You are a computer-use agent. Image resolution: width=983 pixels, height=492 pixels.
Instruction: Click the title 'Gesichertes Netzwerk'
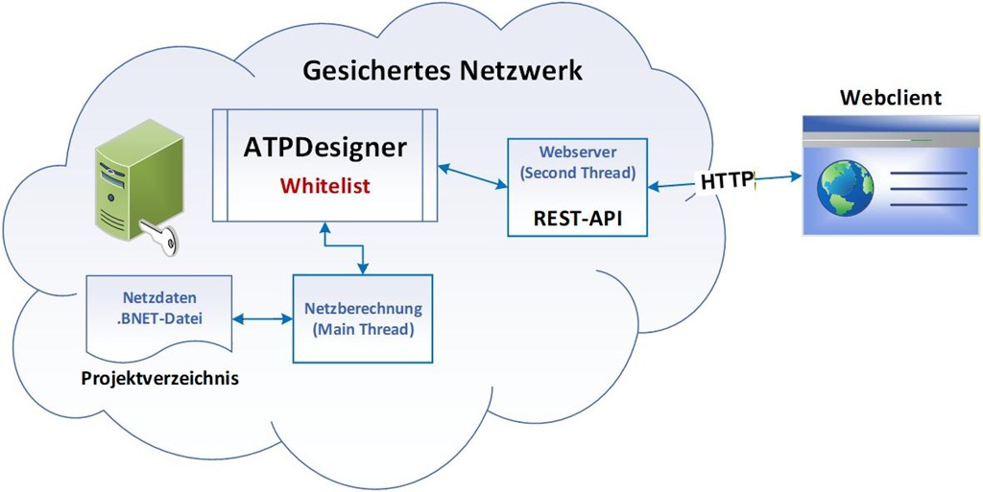click(443, 70)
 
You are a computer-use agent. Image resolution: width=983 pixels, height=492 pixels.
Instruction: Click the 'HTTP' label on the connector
click(727, 181)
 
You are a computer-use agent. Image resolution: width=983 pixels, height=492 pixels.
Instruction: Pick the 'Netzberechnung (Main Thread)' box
click(363, 318)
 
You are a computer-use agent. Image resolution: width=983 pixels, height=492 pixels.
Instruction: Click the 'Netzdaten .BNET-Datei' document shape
click(159, 313)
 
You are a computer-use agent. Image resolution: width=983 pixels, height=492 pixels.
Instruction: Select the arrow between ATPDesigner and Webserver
click(472, 176)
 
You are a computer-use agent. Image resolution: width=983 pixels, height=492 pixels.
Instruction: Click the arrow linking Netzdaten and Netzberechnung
click(263, 318)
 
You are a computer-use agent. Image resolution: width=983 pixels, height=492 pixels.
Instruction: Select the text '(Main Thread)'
click(363, 329)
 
